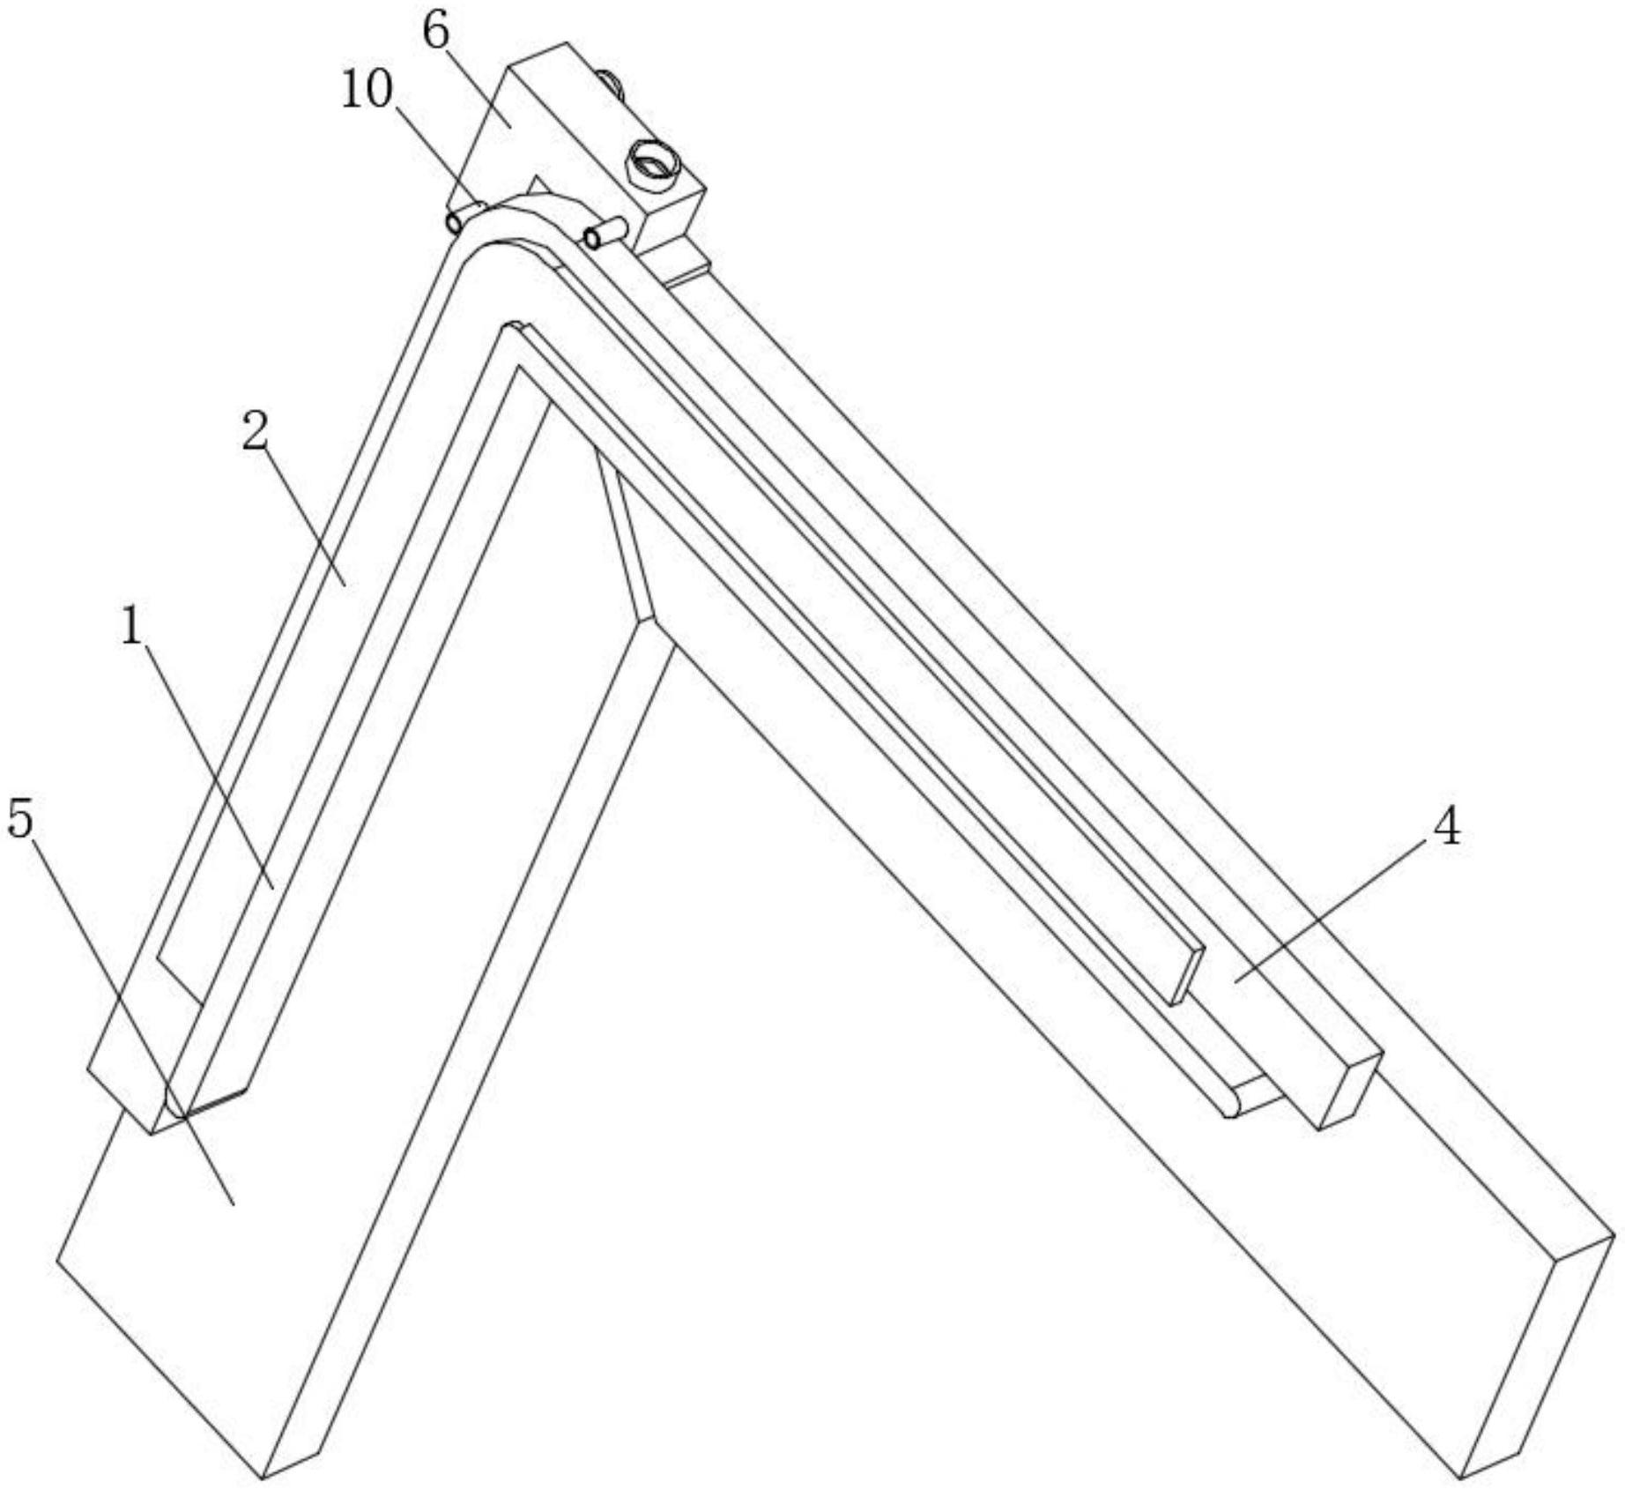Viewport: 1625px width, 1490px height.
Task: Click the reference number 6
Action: click(436, 33)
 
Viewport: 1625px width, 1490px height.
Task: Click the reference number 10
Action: click(367, 91)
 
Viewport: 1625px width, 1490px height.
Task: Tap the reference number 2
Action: click(255, 434)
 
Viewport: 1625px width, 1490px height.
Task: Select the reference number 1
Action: click(131, 628)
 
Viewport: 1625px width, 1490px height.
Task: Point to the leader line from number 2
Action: click(308, 520)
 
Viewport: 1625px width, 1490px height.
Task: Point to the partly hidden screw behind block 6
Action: click(611, 83)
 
